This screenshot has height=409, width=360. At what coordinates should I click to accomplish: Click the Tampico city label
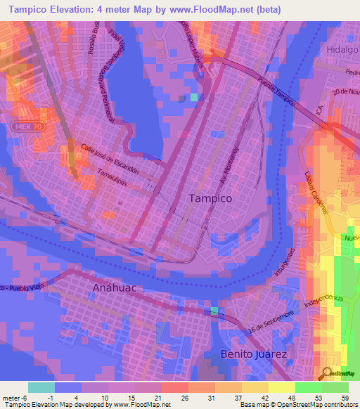[x=210, y=199]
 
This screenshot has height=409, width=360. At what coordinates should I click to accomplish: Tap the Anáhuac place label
[x=112, y=288]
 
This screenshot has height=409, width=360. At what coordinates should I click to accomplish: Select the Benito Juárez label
[x=254, y=354]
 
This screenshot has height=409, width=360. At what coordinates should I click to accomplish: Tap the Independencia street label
[x=323, y=302]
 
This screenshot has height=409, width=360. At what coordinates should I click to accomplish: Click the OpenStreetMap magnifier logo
[x=328, y=373]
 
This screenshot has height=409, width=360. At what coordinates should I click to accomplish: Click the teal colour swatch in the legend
[x=41, y=387]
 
